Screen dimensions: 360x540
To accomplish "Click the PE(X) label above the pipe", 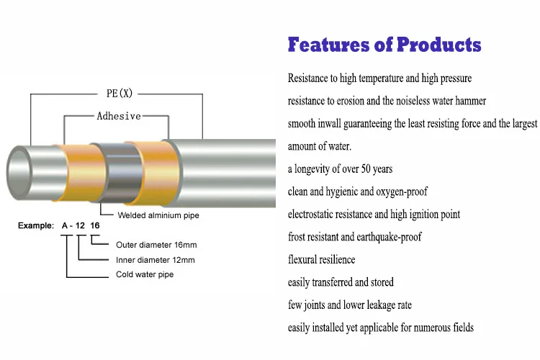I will [x=115, y=94].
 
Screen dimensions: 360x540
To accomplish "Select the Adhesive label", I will [x=119, y=116].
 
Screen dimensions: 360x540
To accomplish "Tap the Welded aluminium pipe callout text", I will [x=158, y=215].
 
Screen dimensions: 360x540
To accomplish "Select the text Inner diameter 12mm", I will [x=155, y=260].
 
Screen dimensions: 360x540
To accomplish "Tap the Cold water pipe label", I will [x=145, y=274].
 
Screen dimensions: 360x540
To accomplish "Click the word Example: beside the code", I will [x=36, y=226].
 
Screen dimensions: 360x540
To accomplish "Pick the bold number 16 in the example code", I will [x=95, y=226].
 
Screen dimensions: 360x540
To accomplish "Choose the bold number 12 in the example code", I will [x=81, y=226].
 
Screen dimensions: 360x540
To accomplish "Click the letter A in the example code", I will [x=66, y=226].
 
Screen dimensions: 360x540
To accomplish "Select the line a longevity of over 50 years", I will [x=340, y=169].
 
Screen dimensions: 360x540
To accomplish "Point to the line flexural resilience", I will [x=321, y=259].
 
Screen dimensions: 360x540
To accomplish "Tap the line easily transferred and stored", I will [x=341, y=282].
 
